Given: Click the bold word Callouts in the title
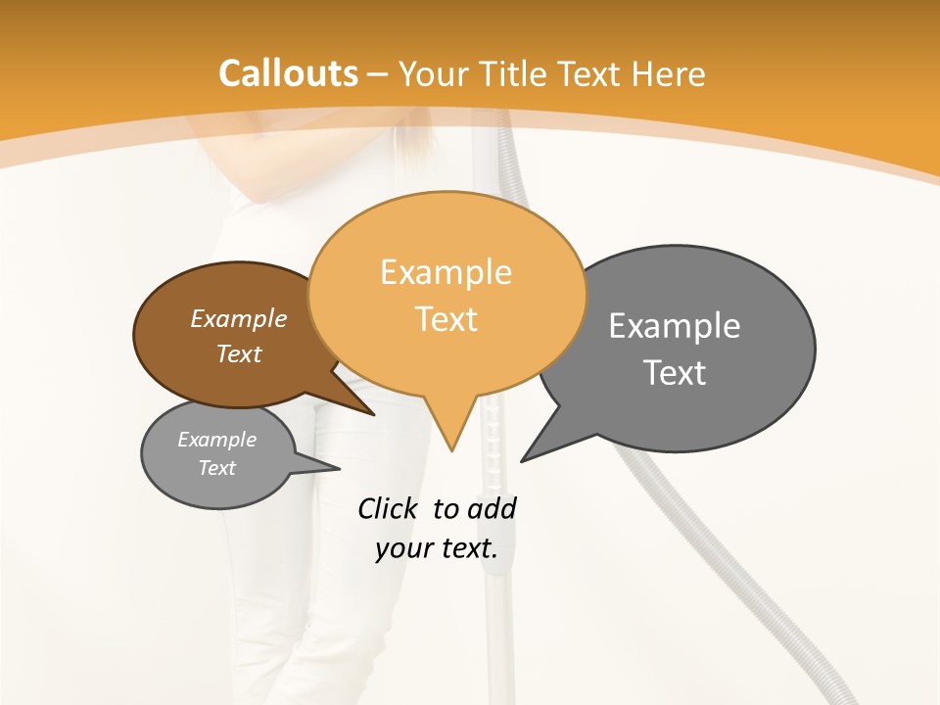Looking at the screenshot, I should [x=289, y=73].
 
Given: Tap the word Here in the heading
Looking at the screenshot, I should [x=669, y=73].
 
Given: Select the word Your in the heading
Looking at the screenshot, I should [x=434, y=73].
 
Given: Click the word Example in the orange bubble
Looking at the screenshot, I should [x=446, y=272].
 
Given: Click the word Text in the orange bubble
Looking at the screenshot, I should [x=446, y=319].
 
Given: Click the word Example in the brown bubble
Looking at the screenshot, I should [x=239, y=319].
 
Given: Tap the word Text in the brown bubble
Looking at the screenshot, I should [x=239, y=354].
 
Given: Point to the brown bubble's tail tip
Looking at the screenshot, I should [x=374, y=414].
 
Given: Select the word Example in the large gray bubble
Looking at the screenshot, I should [x=675, y=326].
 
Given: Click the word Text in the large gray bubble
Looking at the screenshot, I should [x=675, y=373].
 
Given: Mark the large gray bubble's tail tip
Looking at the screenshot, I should [x=522, y=460].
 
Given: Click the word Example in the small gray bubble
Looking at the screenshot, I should [x=217, y=441].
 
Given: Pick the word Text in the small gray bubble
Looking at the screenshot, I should [x=217, y=468].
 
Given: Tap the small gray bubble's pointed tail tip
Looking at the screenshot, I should [x=339, y=468].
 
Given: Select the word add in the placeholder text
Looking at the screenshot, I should [x=491, y=509].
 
